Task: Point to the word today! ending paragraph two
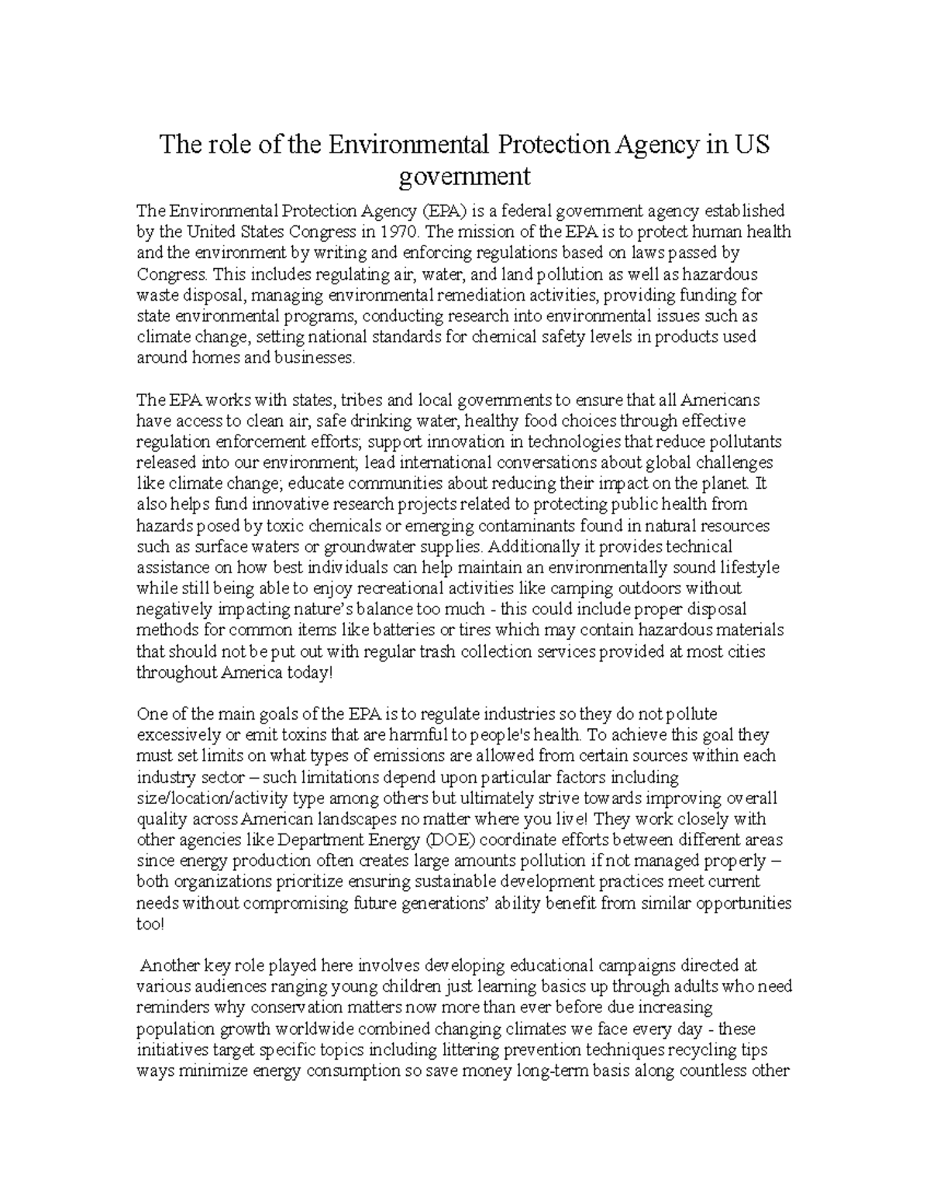coord(311,672)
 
